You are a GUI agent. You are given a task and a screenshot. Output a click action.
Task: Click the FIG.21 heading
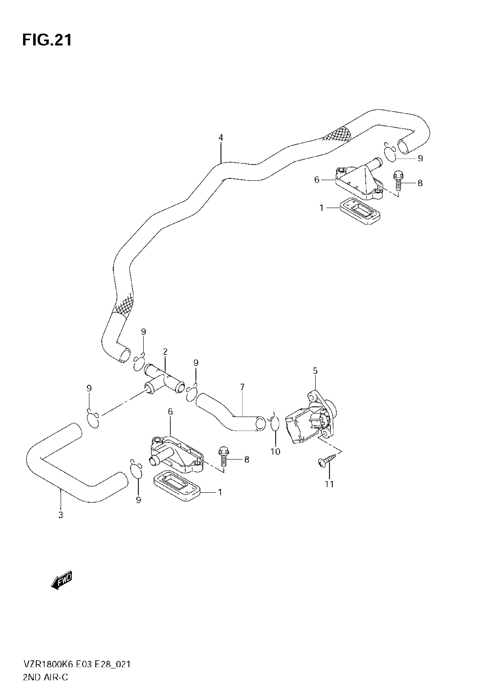pyautogui.click(x=47, y=40)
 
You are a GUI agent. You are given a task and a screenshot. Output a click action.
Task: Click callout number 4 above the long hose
pyautogui.click(x=221, y=138)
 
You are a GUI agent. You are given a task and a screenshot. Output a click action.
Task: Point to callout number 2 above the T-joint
pyautogui.click(x=165, y=351)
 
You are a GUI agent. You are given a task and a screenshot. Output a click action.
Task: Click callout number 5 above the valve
pyautogui.click(x=315, y=371)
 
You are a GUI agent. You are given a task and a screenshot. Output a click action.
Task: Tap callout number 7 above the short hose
pyautogui.click(x=242, y=387)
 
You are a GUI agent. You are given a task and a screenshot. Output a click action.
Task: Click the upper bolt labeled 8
pyautogui.click(x=398, y=180)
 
